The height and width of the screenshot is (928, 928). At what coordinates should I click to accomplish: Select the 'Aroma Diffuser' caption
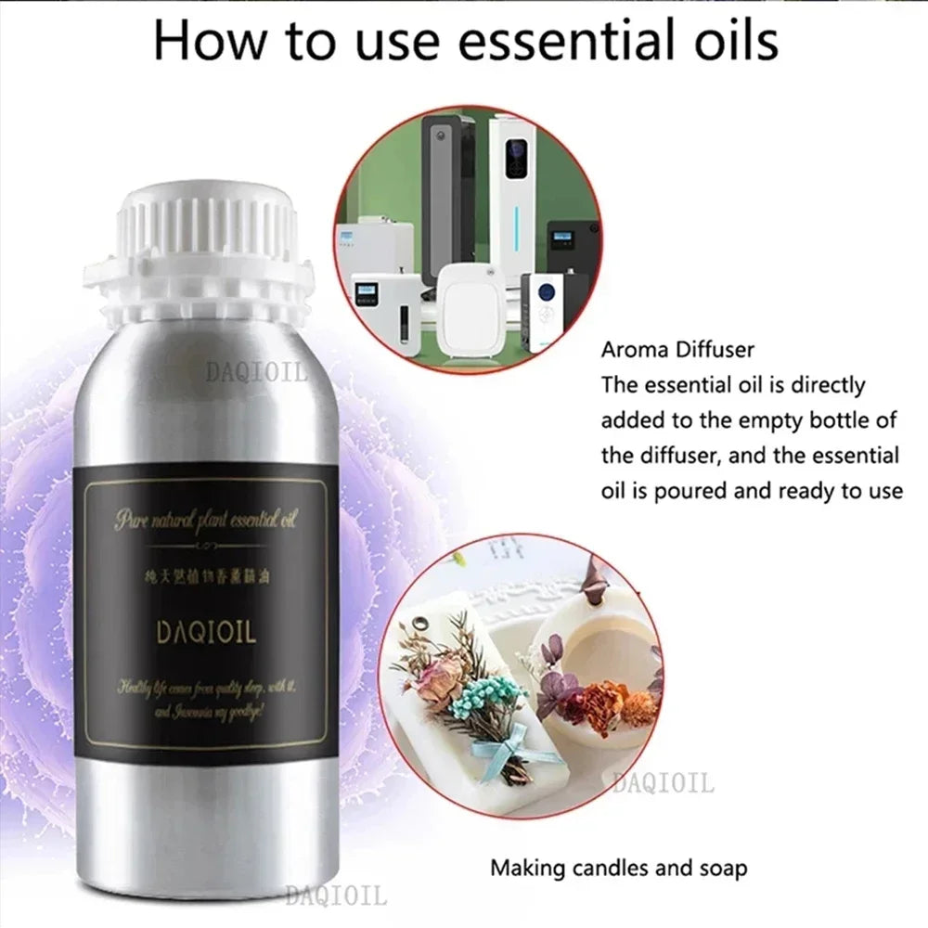[677, 350]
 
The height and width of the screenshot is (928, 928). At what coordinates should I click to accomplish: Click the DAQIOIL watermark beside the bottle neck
[255, 373]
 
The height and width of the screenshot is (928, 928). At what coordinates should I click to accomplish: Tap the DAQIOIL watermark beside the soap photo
[664, 784]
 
